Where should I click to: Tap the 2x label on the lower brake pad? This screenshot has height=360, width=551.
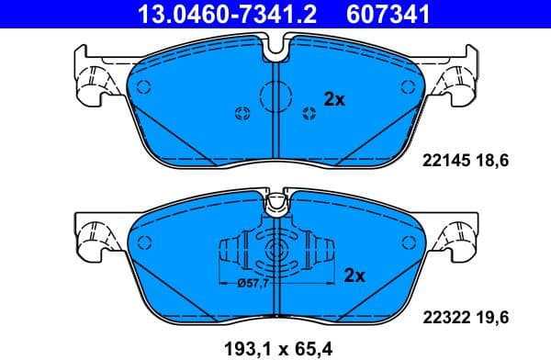coord(355,275)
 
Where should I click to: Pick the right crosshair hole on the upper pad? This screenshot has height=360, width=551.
coord(309,113)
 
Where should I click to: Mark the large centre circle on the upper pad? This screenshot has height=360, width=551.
coord(275,95)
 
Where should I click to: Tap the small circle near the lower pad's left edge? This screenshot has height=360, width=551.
coord(143,242)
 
